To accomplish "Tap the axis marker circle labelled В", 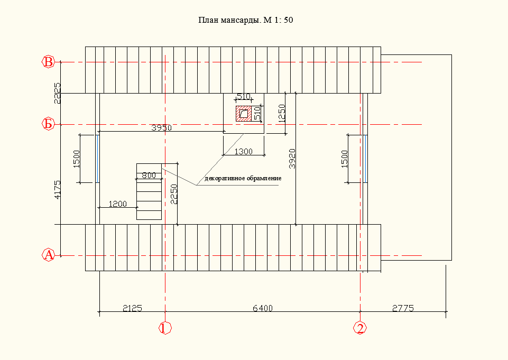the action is pos(48,61).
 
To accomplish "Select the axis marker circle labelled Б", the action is pos(48,124).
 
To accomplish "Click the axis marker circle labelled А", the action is pos(48,255).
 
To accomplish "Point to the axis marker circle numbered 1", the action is pos(165,328).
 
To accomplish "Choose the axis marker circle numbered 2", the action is pos(360,328).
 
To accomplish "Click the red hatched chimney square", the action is pos(244,114).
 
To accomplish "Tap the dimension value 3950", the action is pos(161,128).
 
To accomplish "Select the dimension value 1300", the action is pos(243,151).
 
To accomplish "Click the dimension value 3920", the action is pos(292,159).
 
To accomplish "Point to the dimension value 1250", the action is pos(282,114).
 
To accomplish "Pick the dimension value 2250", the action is pos(174,194).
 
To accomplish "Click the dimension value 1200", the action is pos(117,204).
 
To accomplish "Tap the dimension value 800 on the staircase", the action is pos(149,176).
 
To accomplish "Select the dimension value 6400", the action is pos(263,308).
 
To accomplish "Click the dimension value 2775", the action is pos(403,308).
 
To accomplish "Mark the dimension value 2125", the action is pos(132,308).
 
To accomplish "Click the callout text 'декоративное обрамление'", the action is pos(243,179).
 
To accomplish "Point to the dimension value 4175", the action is pos(57,190).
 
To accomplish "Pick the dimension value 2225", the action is pos(57,94).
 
